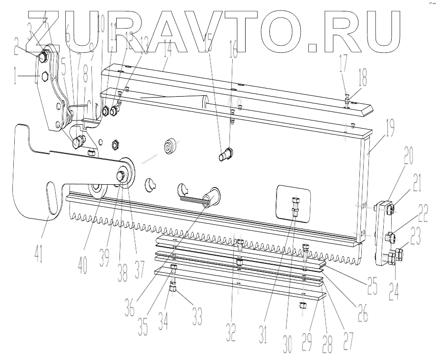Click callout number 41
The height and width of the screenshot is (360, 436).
(x=38, y=251)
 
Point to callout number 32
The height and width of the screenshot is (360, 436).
(x=231, y=329)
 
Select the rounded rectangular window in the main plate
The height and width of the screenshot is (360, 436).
(x=293, y=203)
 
